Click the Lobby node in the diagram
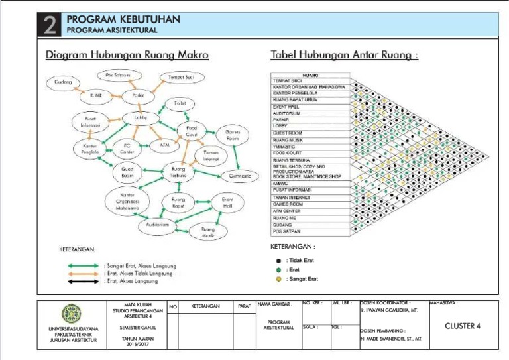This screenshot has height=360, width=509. pyautogui.click(x=140, y=118)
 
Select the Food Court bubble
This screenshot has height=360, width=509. pyautogui.click(x=192, y=131)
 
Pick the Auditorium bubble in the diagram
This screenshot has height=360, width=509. pyautogui.click(x=153, y=225)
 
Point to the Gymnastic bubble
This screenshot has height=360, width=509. pyautogui.click(x=240, y=176)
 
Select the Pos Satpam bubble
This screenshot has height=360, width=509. pyautogui.click(x=117, y=75)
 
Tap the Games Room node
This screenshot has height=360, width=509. pyautogui.click(x=232, y=135)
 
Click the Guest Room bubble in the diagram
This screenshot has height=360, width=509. pyautogui.click(x=127, y=173)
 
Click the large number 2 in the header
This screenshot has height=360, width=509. pyautogui.click(x=50, y=26)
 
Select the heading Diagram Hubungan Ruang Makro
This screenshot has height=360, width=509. pyautogui.click(x=127, y=55)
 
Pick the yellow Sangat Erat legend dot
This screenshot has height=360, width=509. pyautogui.click(x=279, y=279)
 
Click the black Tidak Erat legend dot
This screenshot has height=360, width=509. pyautogui.click(x=279, y=261)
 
